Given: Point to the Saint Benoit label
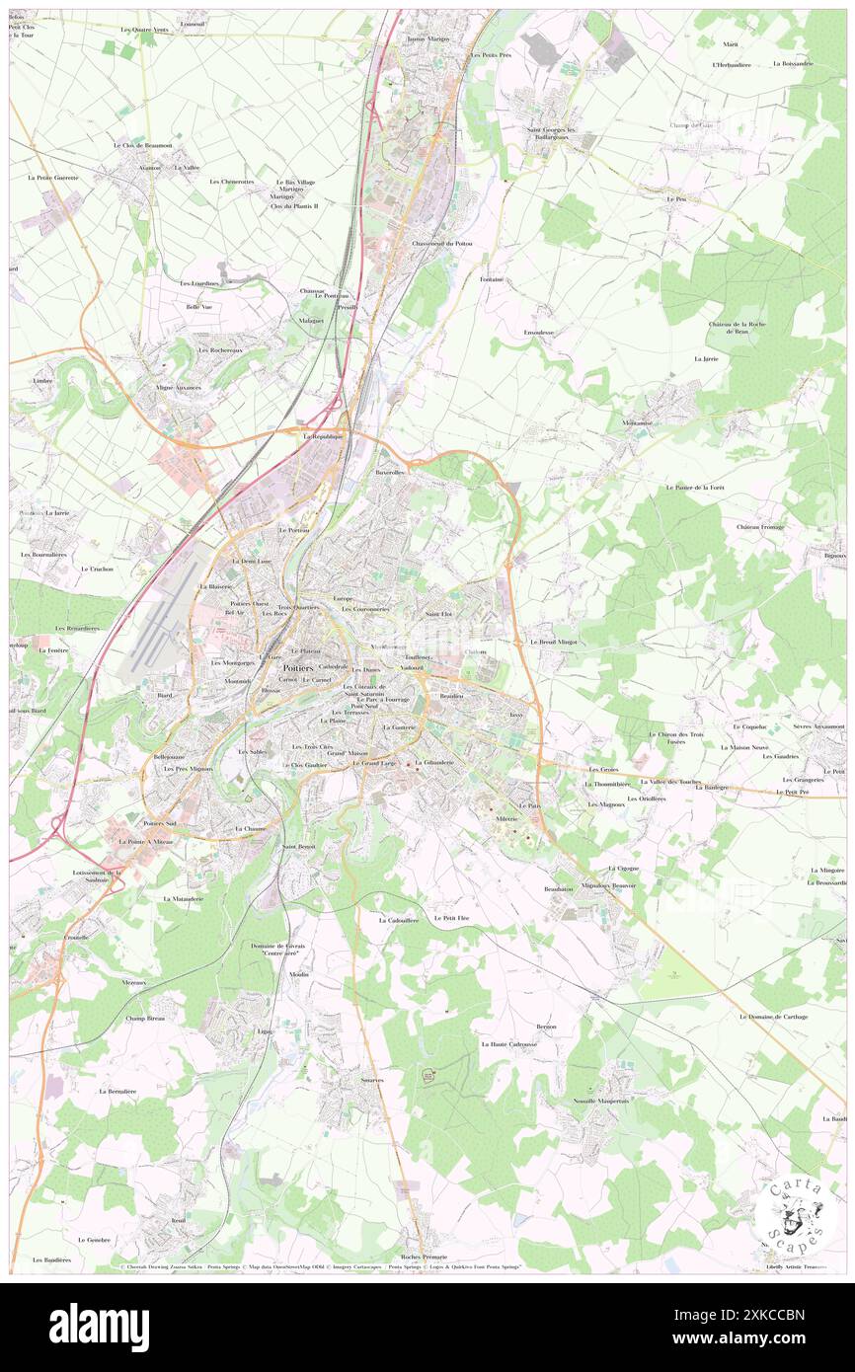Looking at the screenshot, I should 299,847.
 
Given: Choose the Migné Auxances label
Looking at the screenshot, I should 179,387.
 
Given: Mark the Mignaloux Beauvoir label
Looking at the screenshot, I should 609,885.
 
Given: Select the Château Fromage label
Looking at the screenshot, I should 760,526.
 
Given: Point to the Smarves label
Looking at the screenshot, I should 372,1080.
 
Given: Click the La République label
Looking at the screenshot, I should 323,435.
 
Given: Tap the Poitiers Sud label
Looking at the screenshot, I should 159,822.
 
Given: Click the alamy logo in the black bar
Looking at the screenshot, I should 99,1327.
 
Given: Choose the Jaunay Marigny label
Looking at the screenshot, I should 427,38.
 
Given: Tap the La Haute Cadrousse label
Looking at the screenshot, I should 508,1043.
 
